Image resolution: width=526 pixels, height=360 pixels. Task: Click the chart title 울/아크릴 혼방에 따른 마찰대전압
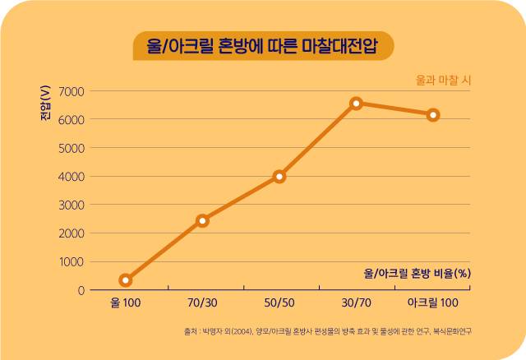point(262,46)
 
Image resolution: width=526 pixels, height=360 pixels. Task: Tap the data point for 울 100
point(126,280)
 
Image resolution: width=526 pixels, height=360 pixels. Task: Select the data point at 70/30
point(203,221)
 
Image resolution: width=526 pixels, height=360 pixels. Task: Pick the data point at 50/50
point(279,177)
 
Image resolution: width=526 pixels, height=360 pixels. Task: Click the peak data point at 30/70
point(356,104)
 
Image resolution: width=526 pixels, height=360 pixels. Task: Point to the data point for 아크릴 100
point(433,115)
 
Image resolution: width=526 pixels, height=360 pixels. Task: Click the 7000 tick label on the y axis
point(72,91)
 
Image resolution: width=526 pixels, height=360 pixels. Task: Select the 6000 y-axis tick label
point(72,120)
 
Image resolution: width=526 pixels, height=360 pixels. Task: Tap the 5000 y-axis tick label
point(72,148)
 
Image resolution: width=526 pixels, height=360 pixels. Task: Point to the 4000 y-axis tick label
point(72,177)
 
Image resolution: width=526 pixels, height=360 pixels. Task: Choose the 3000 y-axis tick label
point(72,205)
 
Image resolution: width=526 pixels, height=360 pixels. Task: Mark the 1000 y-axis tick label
point(72,262)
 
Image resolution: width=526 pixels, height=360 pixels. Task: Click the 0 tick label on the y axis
point(81,291)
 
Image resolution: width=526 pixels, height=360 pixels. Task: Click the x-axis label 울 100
point(126,303)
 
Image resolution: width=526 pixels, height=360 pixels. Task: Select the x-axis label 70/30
point(202,303)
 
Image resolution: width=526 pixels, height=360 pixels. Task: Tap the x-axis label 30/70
point(356,303)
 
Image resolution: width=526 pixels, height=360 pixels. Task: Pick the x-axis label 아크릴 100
point(433,303)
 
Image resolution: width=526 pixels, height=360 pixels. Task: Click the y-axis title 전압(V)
point(45,103)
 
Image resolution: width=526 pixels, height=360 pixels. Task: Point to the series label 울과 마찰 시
point(443,81)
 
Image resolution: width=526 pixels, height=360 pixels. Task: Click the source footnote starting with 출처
point(327,331)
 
